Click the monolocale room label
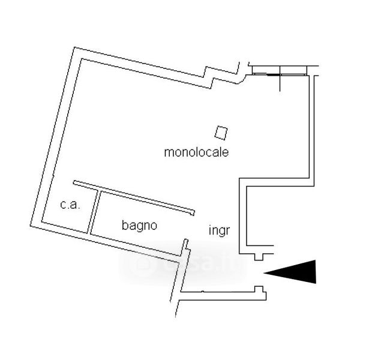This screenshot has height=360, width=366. coord(196,152)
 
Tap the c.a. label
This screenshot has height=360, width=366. coord(70,205)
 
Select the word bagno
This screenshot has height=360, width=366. coord(139,226)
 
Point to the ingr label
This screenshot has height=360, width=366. coord(220,230)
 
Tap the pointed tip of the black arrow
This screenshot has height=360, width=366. coord(266,273)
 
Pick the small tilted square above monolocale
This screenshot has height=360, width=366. coord(222,131)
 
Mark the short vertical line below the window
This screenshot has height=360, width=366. coord(280,83)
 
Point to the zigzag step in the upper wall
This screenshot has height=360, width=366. coord(210,74)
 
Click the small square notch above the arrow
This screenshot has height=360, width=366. coord(259,256)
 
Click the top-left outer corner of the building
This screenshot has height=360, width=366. coord(74,49)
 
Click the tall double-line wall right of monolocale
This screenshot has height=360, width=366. coord(311,129)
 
